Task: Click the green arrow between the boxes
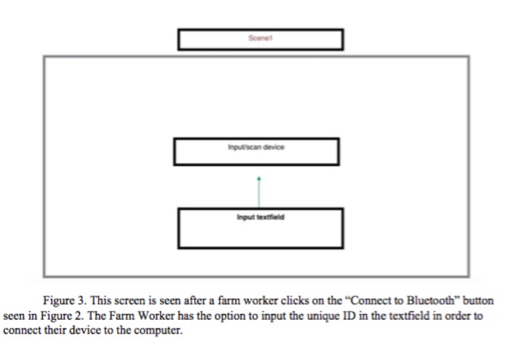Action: (259, 192)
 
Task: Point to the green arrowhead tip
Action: (259, 176)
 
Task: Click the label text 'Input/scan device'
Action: (256, 146)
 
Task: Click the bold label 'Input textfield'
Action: (260, 216)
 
